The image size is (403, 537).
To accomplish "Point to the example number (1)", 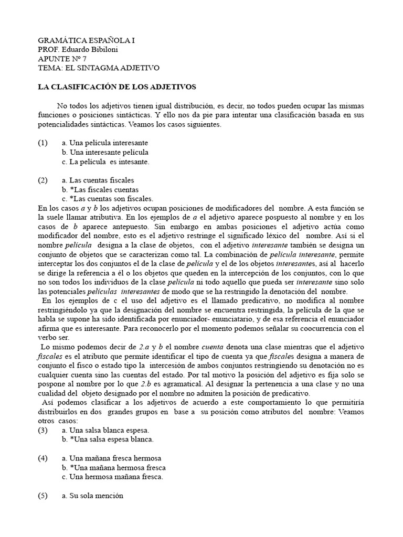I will [x=43, y=143].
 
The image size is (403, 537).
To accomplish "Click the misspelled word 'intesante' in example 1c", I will [x=134, y=162].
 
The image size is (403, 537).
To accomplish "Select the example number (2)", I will [x=43, y=180].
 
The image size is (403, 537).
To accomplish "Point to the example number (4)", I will [x=43, y=458].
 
